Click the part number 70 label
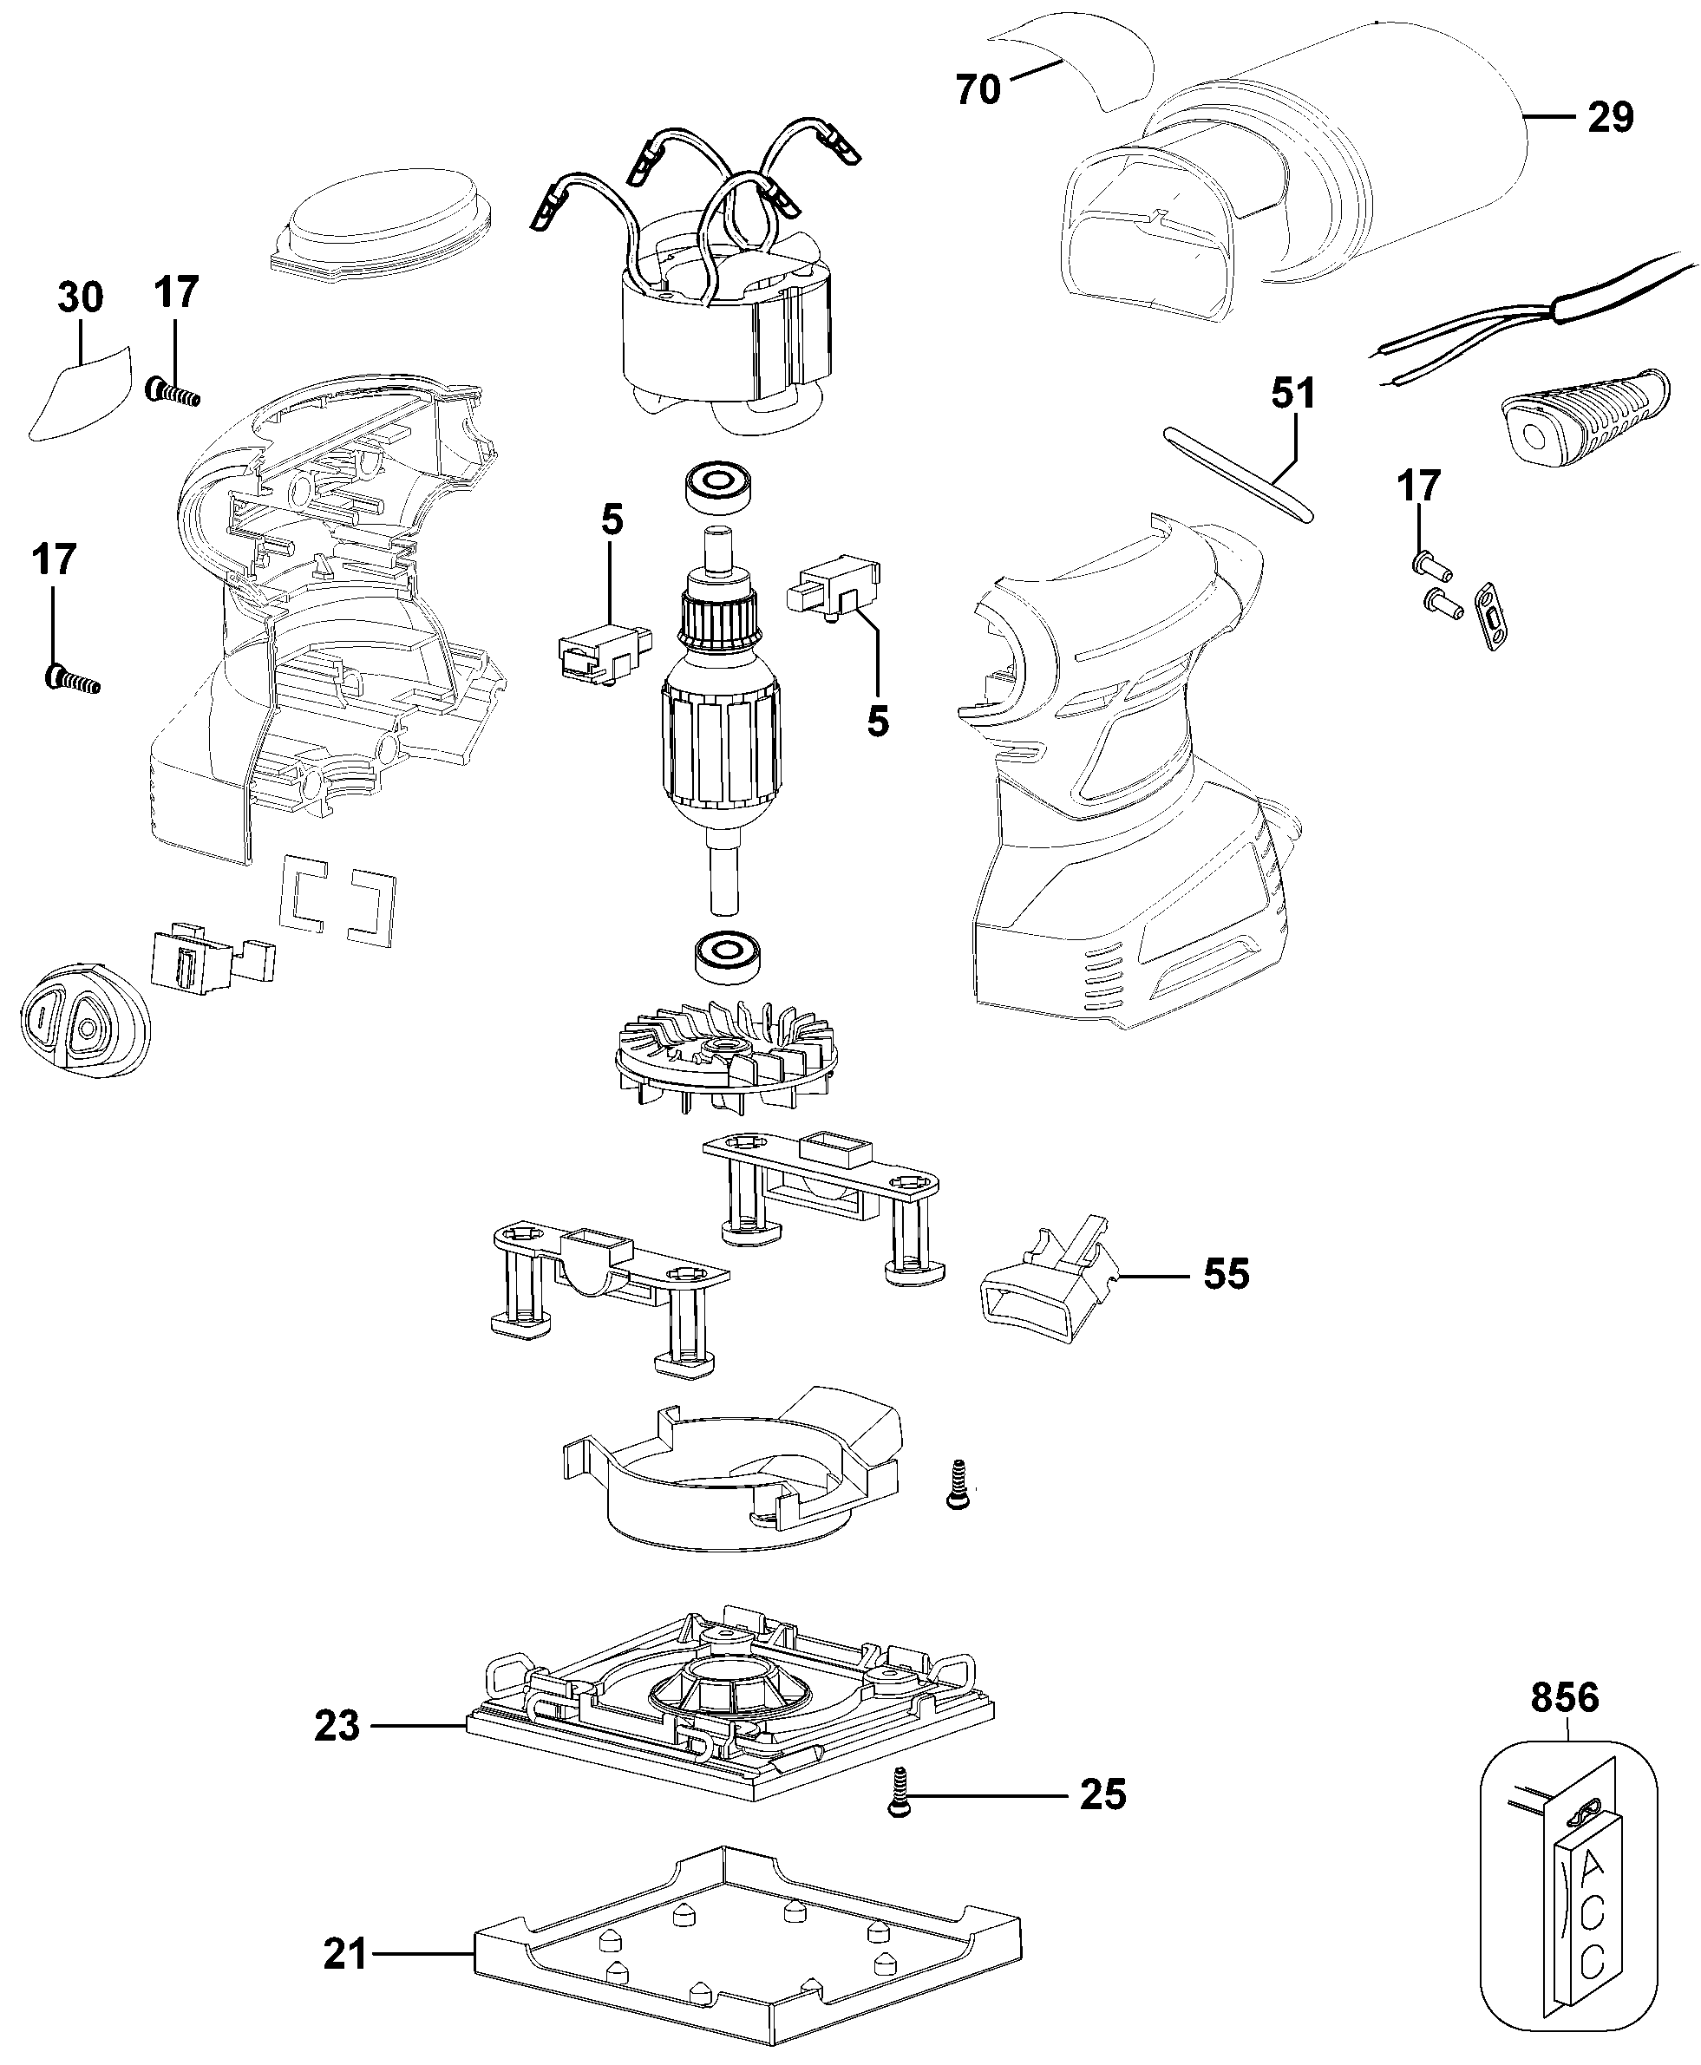point(978,89)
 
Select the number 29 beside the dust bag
point(1610,118)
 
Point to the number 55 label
point(1226,1274)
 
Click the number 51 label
point(1293,393)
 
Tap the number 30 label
point(81,297)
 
